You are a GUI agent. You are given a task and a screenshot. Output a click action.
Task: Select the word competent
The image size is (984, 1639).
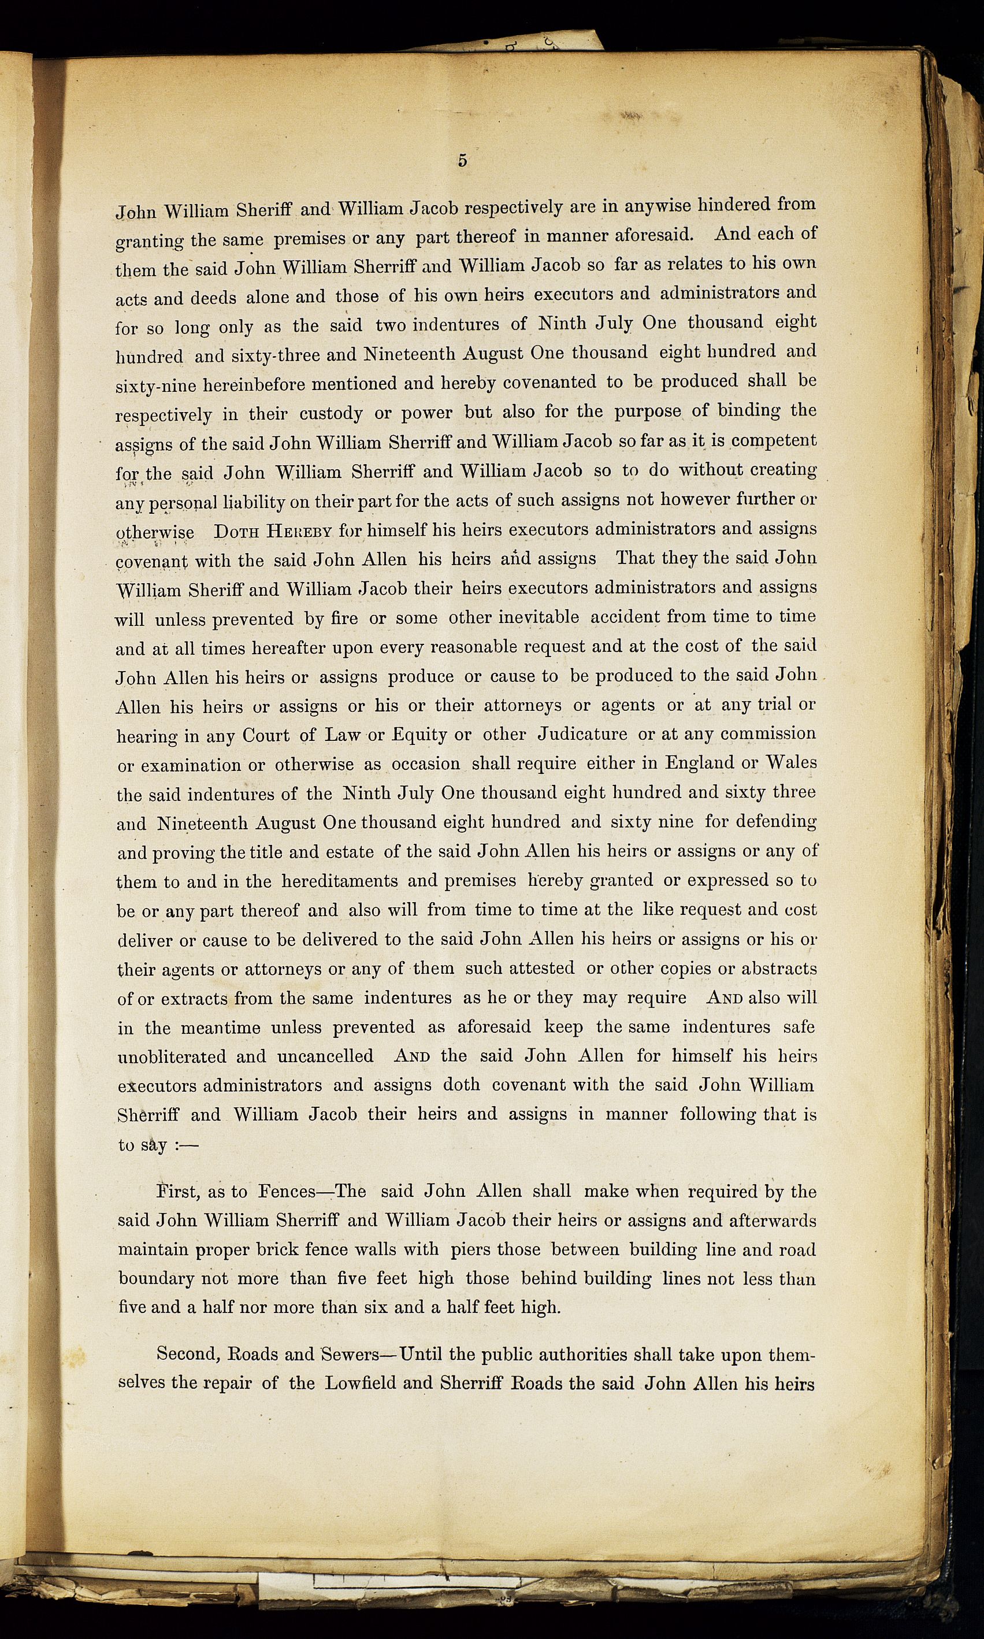pyautogui.click(x=773, y=440)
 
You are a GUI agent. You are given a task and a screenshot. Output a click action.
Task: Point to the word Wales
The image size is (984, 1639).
pyautogui.click(x=791, y=762)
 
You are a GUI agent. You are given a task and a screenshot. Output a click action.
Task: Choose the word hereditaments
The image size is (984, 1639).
pyautogui.click(x=340, y=881)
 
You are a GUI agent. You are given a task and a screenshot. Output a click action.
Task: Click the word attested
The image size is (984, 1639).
pyautogui.click(x=542, y=969)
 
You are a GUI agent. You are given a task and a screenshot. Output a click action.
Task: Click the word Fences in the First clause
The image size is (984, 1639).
pyautogui.click(x=287, y=1192)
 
